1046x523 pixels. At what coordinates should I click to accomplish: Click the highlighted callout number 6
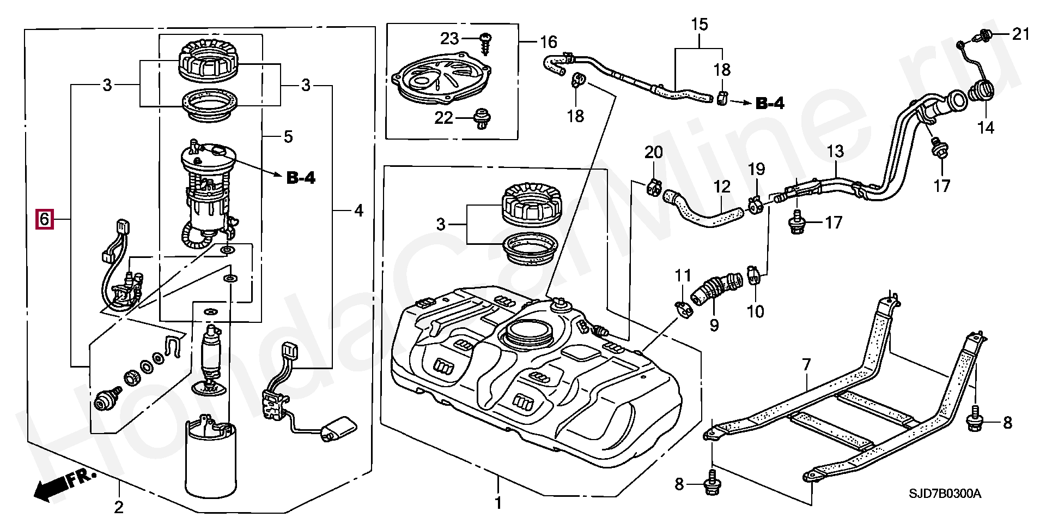45,219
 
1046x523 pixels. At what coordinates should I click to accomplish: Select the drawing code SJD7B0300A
944,494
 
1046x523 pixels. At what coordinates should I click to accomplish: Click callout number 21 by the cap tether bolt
1021,34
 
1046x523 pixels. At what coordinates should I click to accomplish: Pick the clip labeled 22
481,118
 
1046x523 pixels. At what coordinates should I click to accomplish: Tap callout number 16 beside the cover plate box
548,41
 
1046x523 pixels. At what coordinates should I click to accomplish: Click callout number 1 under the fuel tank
497,502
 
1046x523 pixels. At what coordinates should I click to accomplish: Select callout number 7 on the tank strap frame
806,364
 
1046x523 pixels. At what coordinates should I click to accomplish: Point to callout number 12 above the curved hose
722,187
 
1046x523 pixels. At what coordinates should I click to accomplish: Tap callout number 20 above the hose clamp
654,152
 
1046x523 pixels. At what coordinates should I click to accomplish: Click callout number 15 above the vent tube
700,25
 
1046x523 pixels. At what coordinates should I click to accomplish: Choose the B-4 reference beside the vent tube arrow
770,103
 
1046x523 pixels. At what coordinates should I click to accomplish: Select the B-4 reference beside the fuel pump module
301,177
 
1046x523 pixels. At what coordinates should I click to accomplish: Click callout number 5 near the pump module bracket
288,136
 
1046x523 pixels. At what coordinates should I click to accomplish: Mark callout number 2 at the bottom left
118,507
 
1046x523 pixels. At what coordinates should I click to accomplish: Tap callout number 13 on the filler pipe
835,151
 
